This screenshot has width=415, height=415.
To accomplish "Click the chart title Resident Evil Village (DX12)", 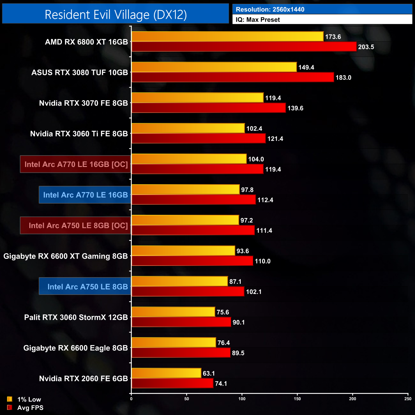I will (x=116, y=15).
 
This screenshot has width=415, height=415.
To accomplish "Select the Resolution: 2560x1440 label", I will (x=270, y=10).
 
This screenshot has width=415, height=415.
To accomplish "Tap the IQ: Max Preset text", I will (x=258, y=20).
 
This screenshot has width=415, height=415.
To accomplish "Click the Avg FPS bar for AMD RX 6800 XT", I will (x=244, y=47).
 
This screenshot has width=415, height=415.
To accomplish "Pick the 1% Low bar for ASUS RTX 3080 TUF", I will (x=214, y=67).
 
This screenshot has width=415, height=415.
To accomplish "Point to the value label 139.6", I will (x=295, y=108).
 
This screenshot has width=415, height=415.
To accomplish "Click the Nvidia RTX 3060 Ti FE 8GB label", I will (x=79, y=134).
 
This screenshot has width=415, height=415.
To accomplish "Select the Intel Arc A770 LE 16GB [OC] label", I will (x=76, y=164).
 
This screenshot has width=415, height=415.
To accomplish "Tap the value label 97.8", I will (x=247, y=190).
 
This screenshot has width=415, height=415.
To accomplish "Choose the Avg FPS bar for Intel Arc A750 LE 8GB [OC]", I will (x=193, y=230).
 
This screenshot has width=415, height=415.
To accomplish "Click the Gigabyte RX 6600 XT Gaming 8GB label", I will (x=65, y=256).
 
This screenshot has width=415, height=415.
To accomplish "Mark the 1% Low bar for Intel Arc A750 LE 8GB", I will (x=179, y=281).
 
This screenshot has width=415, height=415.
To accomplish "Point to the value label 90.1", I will (x=239, y=322).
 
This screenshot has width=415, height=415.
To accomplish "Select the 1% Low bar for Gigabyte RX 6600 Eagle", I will (x=174, y=343).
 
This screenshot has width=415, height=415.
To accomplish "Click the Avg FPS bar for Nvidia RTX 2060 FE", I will (x=172, y=383).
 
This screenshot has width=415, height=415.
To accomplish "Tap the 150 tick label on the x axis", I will (x=297, y=399).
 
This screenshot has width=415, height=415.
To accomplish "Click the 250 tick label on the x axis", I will (x=408, y=399).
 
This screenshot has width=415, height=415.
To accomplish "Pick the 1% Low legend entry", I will (x=29, y=399).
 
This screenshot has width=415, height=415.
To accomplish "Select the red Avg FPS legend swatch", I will (x=10, y=407).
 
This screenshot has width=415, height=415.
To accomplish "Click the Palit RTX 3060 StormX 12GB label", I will (x=76, y=317).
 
